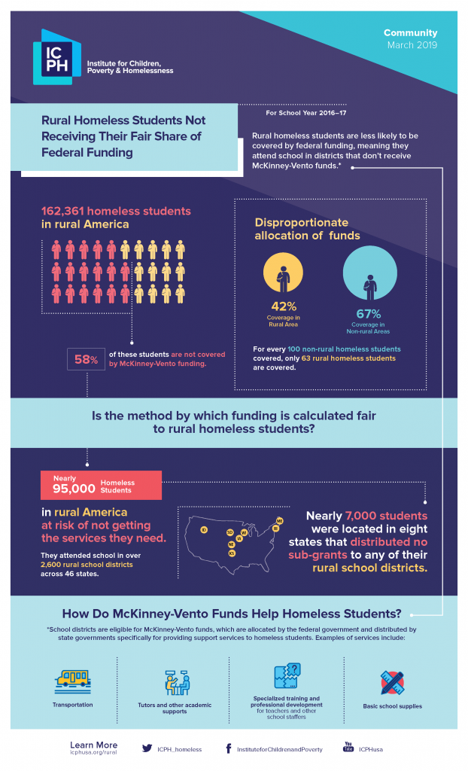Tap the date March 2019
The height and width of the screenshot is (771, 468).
(412, 45)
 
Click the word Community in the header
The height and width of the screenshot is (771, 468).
(410, 33)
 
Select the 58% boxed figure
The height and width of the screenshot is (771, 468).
(86, 360)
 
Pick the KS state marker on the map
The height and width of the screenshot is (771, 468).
(232, 553)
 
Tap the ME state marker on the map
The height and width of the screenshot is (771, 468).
(280, 521)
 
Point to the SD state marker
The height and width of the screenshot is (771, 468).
(229, 532)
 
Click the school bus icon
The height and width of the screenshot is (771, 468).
(73, 681)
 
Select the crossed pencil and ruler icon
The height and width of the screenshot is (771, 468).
(392, 682)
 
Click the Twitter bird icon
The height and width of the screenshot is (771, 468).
(147, 748)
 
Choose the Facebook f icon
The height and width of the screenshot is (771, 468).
(228, 748)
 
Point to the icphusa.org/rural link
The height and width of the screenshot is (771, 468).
(93, 751)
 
